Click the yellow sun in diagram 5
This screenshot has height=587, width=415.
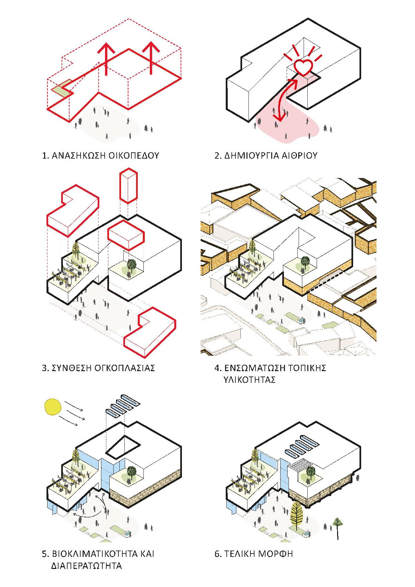click(x=53, y=407)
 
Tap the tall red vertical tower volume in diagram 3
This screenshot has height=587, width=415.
click(x=128, y=186)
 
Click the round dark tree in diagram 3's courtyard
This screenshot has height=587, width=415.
click(x=131, y=265)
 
